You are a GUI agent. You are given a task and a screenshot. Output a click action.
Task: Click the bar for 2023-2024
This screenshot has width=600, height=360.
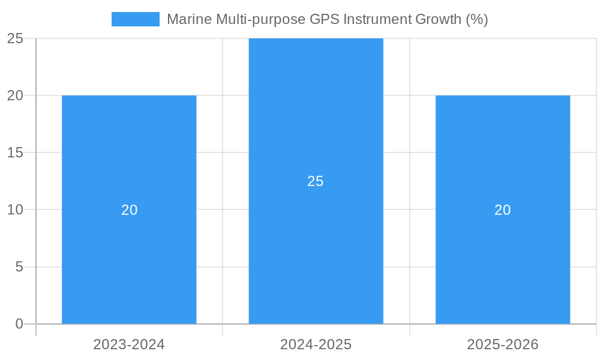pyautogui.click(x=129, y=252)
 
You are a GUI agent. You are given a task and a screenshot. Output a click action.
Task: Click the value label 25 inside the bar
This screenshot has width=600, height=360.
pyautogui.click(x=316, y=181)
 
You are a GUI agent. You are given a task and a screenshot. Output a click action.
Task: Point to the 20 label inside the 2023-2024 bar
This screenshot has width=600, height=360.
pyautogui.click(x=130, y=210)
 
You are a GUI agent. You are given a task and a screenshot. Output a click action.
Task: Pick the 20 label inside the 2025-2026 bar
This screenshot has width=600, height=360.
pyautogui.click(x=503, y=210)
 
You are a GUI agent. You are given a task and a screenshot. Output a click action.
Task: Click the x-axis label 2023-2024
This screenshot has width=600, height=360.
pyautogui.click(x=129, y=344)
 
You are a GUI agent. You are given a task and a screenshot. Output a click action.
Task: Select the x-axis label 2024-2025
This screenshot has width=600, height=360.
pyautogui.click(x=316, y=344)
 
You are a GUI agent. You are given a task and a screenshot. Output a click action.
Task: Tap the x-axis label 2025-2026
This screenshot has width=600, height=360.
pyautogui.click(x=503, y=344)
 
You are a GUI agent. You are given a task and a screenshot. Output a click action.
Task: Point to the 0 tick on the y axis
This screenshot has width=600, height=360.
pyautogui.click(x=19, y=324)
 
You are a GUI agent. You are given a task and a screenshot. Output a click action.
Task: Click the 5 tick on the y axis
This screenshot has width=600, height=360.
pyautogui.click(x=19, y=267)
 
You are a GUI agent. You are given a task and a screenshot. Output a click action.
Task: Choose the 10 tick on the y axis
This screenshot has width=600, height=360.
pyautogui.click(x=15, y=210)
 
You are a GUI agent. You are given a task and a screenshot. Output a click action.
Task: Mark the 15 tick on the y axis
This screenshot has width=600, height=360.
pyautogui.click(x=15, y=153)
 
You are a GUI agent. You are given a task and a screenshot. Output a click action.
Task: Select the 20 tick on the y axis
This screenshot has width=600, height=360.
pyautogui.click(x=15, y=95)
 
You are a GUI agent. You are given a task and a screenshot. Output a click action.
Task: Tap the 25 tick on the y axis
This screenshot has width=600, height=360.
pyautogui.click(x=15, y=38)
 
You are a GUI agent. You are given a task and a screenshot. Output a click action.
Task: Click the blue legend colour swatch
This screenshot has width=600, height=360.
pyautogui.click(x=136, y=19)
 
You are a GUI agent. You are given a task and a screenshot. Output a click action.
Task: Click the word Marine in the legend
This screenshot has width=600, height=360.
pyautogui.click(x=187, y=19)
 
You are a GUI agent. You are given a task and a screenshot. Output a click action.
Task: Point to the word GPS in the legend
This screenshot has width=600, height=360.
pyautogui.click(x=324, y=19)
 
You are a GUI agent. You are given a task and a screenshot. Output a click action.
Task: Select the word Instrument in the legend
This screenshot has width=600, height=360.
pyautogui.click(x=377, y=19)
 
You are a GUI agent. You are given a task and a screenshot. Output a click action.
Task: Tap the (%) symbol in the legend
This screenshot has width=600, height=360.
pyautogui.click(x=477, y=19)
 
